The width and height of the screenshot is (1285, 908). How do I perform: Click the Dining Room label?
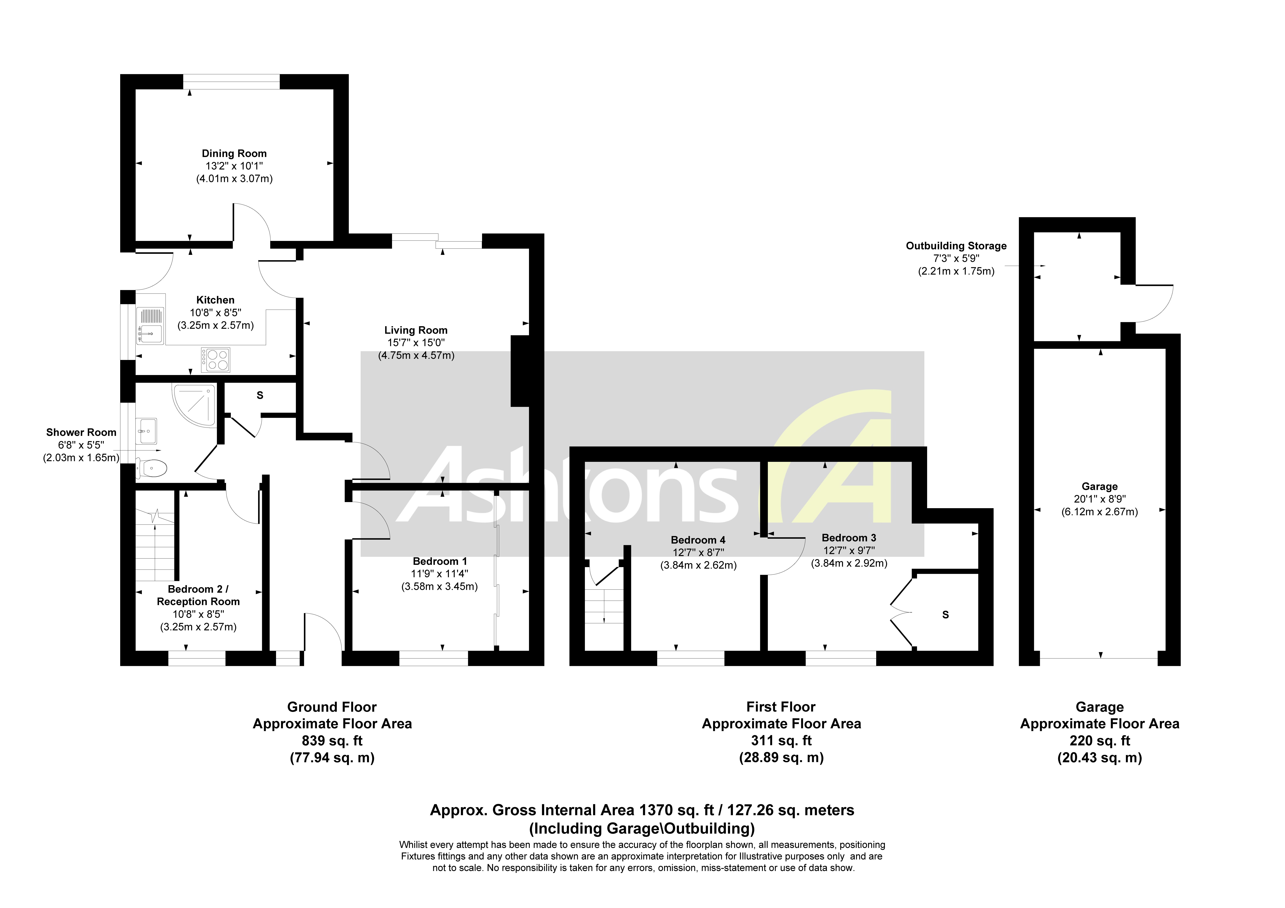click(x=234, y=153)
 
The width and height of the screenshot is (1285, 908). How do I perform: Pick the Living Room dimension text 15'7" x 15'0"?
click(x=416, y=343)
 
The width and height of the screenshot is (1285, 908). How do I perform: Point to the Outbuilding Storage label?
click(x=956, y=246)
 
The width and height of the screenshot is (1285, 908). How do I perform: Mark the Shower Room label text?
click(x=81, y=432)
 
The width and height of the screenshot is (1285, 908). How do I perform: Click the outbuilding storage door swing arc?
click(x=1159, y=305)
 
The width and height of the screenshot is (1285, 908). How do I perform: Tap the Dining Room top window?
click(x=231, y=82)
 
